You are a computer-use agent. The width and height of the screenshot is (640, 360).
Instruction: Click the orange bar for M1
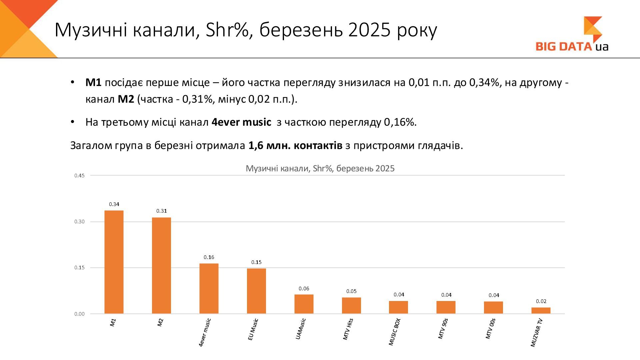pos(114,262)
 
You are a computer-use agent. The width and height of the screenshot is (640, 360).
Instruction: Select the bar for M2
pos(161,265)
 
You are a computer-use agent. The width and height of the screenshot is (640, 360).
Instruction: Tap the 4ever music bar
pos(209,289)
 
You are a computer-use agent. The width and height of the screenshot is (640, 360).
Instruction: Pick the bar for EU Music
pos(256,291)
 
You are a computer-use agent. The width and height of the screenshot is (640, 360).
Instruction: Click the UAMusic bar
pos(304,304)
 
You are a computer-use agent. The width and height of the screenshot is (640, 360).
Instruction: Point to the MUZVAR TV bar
pos(541,310)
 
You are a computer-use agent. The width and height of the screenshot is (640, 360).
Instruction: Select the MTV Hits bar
pos(351,305)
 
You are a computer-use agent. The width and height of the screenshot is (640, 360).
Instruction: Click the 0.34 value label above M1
pos(114,204)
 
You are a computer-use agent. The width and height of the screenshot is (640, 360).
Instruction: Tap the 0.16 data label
pos(209,257)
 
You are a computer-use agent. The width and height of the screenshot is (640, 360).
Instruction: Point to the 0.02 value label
pos(541,301)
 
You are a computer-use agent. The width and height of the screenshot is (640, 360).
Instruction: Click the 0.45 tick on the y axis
pos(79,176)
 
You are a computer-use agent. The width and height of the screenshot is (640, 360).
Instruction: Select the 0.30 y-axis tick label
pos(79,222)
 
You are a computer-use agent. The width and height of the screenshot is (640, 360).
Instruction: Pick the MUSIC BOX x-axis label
pos(394,332)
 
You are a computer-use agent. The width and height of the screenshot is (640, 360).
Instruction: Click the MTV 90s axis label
pos(443,329)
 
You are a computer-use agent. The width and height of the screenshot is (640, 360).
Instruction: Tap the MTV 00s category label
pos(490,329)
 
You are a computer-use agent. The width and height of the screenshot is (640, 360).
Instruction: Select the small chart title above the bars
pos(320,168)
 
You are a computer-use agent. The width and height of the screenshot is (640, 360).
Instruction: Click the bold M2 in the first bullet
pos(126,99)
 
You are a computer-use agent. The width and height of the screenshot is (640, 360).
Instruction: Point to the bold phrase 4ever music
pos(241,122)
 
